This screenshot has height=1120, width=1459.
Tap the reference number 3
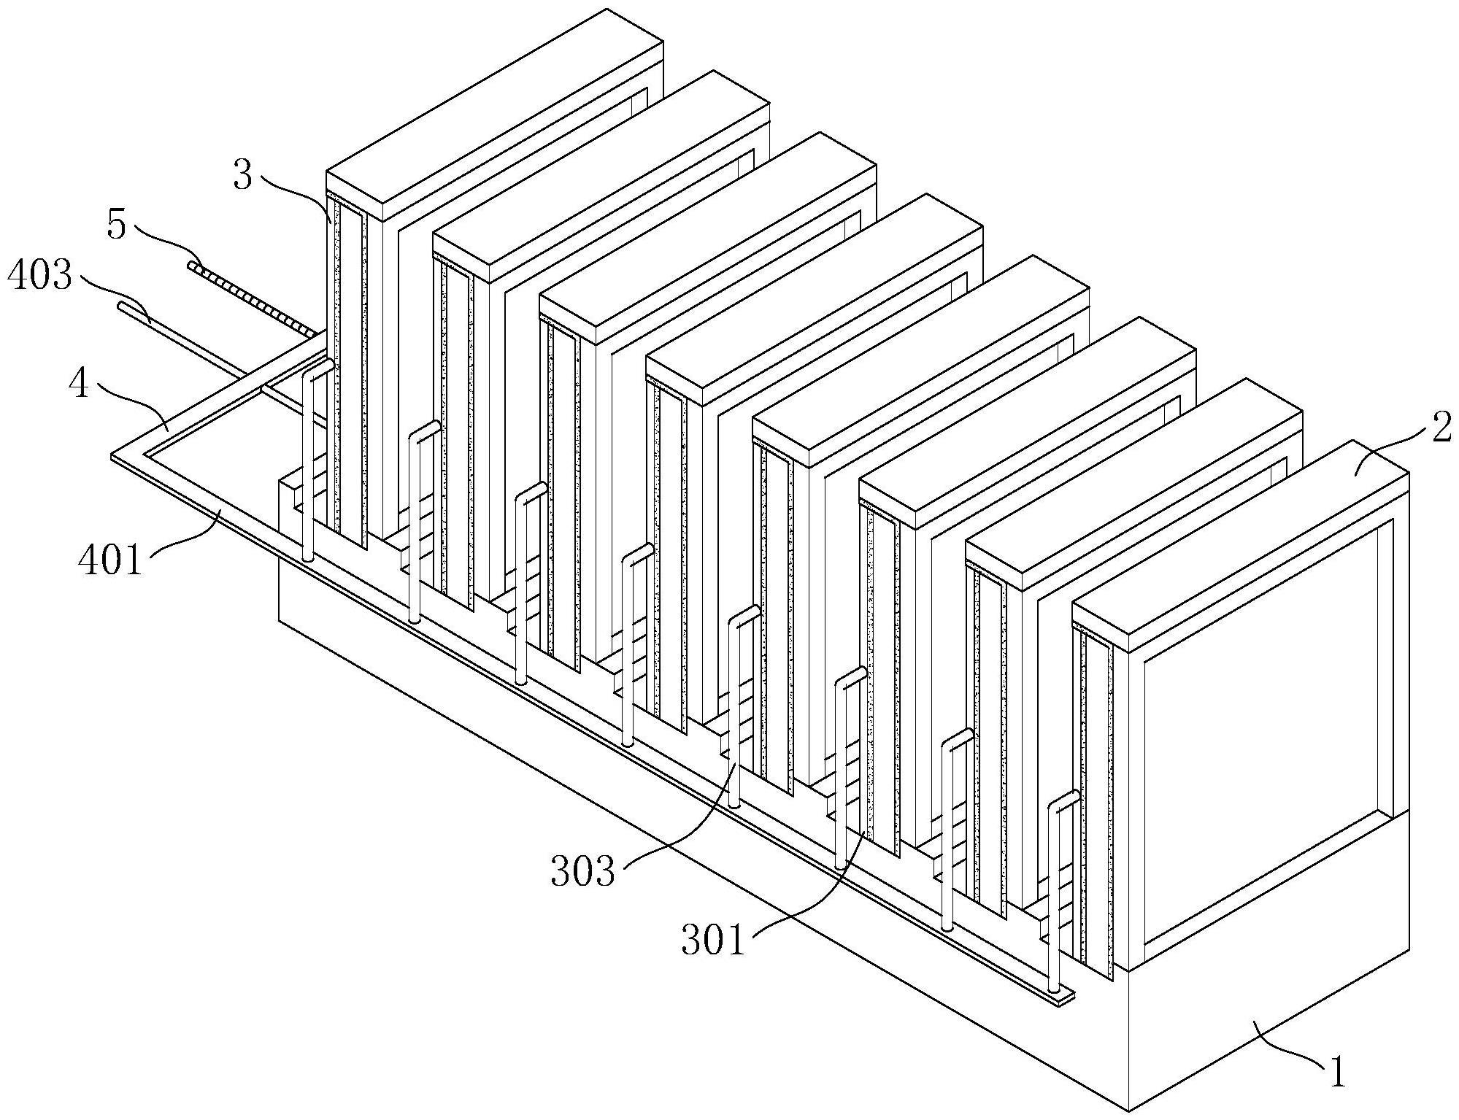point(243,175)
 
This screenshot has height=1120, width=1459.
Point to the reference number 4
point(79,382)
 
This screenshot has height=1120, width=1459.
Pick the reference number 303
point(583,871)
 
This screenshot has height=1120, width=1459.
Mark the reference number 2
point(1441,430)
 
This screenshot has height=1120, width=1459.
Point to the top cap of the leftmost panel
point(494,115)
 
